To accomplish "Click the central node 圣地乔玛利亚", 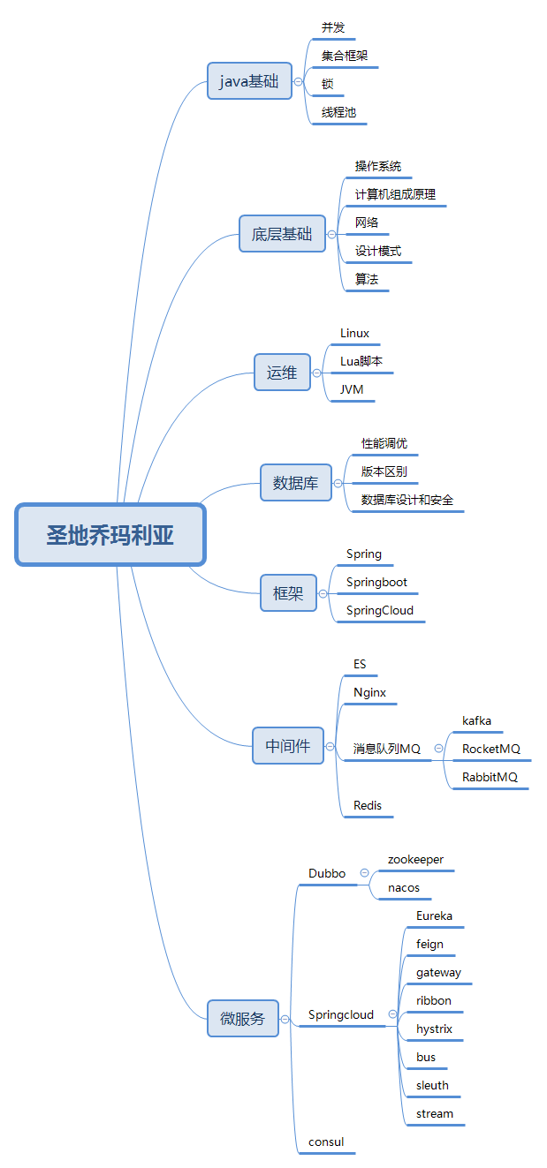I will [x=110, y=535].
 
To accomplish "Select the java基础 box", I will [x=249, y=81].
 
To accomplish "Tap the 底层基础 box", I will [x=282, y=234].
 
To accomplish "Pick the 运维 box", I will [x=282, y=373].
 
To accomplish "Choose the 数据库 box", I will [x=295, y=483].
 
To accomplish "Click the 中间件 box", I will [x=288, y=745].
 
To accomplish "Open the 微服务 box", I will [x=242, y=1018].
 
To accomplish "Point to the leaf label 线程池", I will [x=338, y=113].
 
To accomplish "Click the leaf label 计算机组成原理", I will [x=395, y=194].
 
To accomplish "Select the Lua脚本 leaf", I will [x=361, y=361].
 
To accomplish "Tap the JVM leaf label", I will [x=352, y=389].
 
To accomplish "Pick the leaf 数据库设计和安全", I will [x=406, y=500].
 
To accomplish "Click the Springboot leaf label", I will [x=376, y=583].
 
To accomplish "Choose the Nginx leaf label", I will [x=369, y=693].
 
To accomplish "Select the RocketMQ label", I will [x=491, y=749].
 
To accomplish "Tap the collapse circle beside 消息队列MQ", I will [x=438, y=749].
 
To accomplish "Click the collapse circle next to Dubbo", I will [x=364, y=873].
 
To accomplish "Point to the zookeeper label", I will [x=415, y=859].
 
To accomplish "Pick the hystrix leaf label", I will [x=434, y=1029].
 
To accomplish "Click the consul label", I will [x=326, y=1142].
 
